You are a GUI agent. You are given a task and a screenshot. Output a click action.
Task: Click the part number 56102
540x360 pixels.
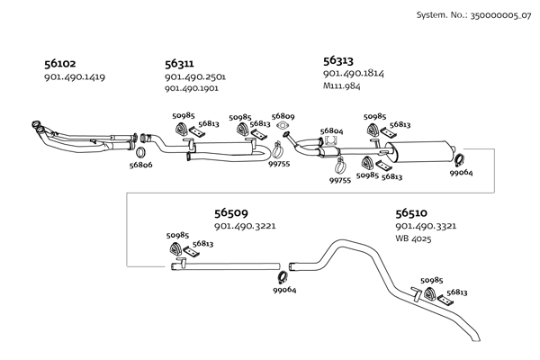tap(59, 64)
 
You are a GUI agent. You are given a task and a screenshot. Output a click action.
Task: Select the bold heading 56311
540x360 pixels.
tap(179, 64)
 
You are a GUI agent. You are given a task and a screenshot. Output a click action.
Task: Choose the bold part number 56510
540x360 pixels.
tap(411, 213)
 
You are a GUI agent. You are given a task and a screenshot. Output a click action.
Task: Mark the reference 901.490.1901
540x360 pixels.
tap(194, 89)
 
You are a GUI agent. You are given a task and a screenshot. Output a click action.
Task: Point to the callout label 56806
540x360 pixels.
tap(140, 165)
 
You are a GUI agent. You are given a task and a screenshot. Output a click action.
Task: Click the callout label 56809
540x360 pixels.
tap(283, 117)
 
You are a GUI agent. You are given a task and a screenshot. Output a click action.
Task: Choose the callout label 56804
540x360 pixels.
tap(331, 131)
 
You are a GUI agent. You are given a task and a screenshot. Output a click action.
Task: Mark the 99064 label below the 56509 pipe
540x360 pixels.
tap(284, 290)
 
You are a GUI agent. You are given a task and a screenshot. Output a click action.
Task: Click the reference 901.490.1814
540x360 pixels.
tap(352, 73)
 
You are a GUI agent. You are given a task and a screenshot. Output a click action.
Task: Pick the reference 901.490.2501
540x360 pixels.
tap(194, 77)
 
